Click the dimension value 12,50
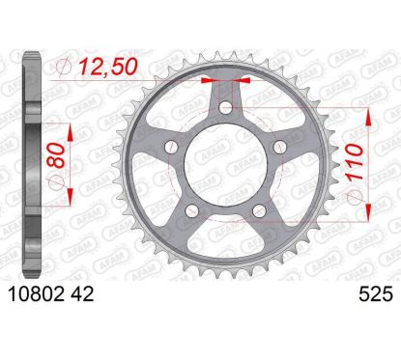coord(108,67)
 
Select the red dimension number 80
coord(56,155)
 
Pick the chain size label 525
coord(376,294)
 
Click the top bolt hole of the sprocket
coord(226,107)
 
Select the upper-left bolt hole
coord(171,148)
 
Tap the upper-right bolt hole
coord(279,148)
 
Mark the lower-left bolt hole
coord(192,210)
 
